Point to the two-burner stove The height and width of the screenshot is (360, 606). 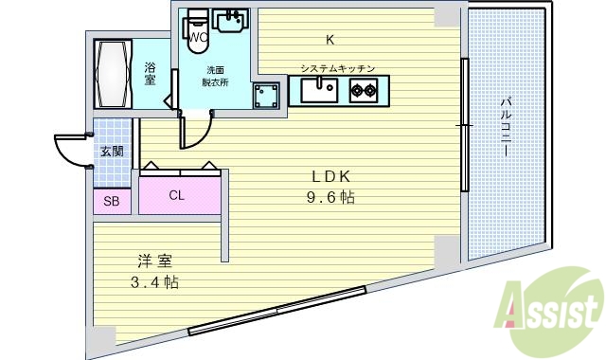[363, 91]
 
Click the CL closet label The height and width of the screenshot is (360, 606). [177, 196]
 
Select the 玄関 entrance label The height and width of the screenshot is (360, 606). [111, 152]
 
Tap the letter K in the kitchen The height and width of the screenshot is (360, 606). [330, 40]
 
